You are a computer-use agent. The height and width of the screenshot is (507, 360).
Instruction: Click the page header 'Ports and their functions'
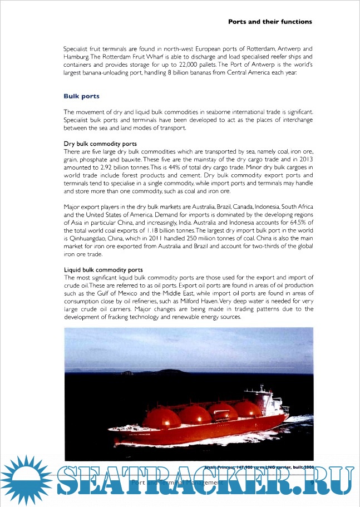coord(270,22)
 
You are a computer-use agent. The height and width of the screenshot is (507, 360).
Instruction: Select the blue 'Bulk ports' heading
coord(82,96)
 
